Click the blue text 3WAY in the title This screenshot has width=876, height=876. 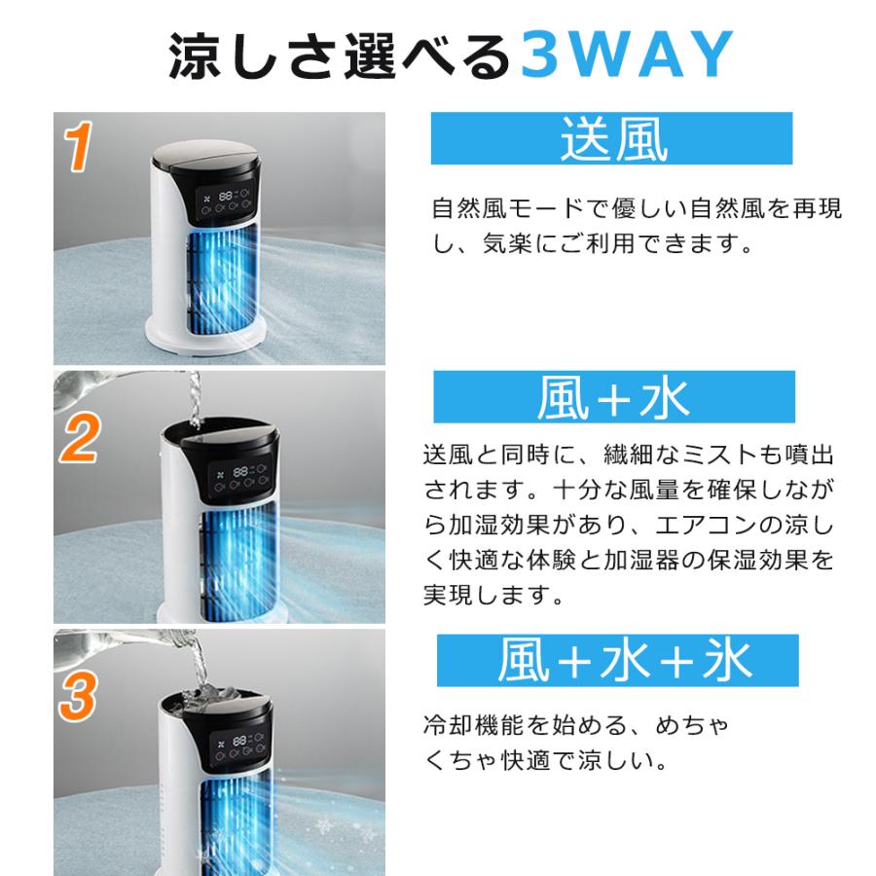(x=627, y=55)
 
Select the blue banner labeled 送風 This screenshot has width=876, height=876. (x=612, y=138)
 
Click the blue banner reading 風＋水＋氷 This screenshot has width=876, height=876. (x=618, y=660)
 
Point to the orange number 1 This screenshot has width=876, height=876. (x=78, y=146)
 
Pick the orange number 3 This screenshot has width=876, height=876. (x=78, y=697)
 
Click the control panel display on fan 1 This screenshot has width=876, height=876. (x=225, y=201)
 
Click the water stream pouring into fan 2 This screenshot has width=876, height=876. (x=195, y=399)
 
